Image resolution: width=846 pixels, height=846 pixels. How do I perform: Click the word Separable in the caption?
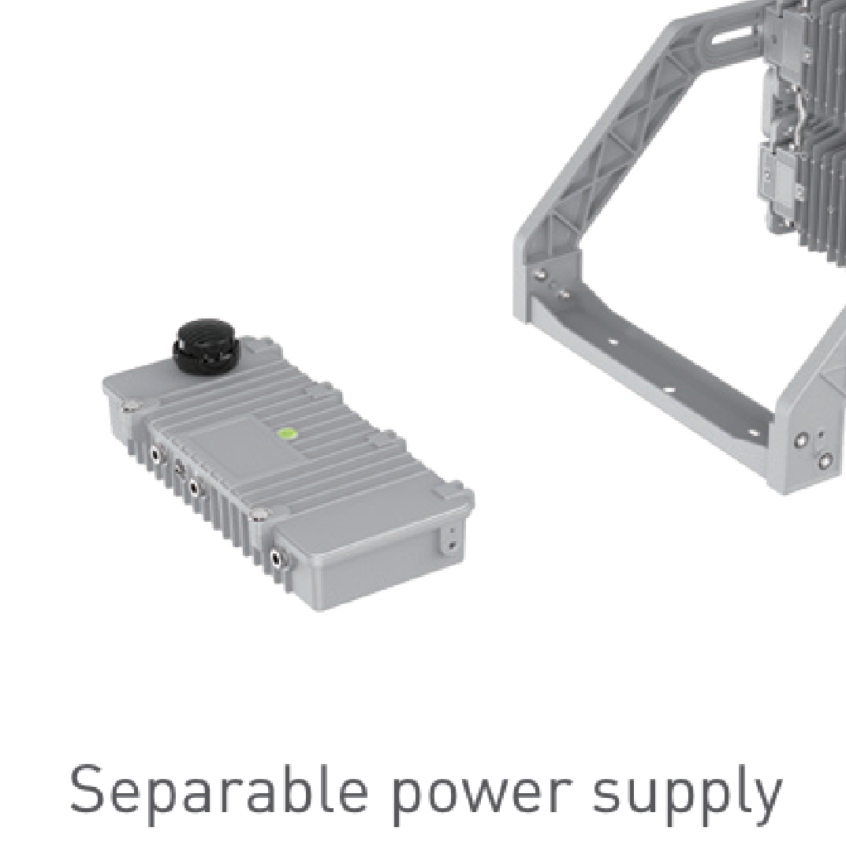[219, 792]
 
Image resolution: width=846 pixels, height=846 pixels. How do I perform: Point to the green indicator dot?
[285, 433]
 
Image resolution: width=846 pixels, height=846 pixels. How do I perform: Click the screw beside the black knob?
[128, 406]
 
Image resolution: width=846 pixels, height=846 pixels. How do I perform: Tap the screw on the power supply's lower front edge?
[259, 515]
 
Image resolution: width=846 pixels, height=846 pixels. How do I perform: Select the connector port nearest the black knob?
[156, 456]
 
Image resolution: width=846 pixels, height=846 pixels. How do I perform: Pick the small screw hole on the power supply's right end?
[452, 546]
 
